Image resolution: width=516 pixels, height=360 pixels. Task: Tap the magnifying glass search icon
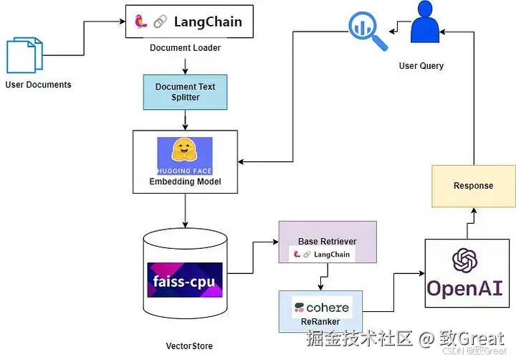[x=363, y=28]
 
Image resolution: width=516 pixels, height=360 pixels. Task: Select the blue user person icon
[x=424, y=24]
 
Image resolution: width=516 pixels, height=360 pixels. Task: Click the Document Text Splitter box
[x=185, y=92]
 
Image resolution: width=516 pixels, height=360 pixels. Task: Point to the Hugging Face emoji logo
[x=185, y=151]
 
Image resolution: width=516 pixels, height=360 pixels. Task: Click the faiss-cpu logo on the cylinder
[x=185, y=280]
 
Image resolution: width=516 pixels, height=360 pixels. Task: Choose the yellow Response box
[x=473, y=186]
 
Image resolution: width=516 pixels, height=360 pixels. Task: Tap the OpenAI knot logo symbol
[x=464, y=260]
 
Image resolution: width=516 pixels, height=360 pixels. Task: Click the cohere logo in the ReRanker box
[x=321, y=308]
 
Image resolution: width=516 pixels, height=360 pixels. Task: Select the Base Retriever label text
[x=327, y=241]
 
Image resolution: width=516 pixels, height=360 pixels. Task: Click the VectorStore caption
[x=189, y=346]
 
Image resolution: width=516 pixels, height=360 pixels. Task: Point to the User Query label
[x=421, y=66]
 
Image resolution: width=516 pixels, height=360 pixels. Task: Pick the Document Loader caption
[x=185, y=48]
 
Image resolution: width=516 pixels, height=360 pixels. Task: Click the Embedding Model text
[x=185, y=181]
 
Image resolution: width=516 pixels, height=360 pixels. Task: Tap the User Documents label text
[x=38, y=85]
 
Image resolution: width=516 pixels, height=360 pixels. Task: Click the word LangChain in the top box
[x=208, y=22]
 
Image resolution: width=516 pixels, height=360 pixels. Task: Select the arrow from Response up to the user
[x=473, y=100]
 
